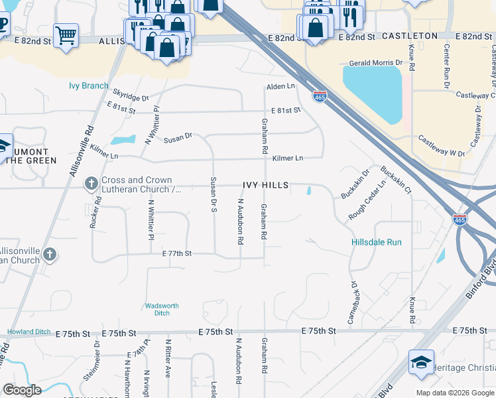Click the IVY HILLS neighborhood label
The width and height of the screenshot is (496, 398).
(x=265, y=186)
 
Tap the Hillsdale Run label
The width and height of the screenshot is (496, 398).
(x=376, y=243)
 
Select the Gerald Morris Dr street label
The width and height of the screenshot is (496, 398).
(x=376, y=62)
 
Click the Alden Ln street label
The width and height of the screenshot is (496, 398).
(x=280, y=87)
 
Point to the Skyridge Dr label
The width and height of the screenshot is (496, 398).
(x=131, y=97)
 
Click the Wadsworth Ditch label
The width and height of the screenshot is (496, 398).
(x=162, y=309)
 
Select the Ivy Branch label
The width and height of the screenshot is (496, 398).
(x=88, y=86)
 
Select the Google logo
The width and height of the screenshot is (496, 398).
(x=21, y=390)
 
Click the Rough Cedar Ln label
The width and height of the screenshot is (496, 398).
(x=367, y=202)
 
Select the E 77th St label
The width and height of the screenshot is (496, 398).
(x=176, y=254)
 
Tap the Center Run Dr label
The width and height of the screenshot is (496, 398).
(x=446, y=67)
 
